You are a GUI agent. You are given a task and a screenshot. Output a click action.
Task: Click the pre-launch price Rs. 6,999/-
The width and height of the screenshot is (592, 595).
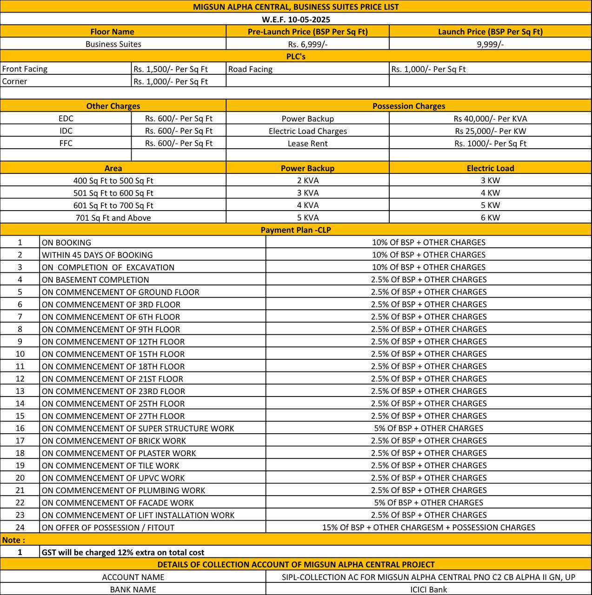point(307,44)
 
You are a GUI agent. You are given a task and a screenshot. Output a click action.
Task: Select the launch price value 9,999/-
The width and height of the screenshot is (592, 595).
point(490,44)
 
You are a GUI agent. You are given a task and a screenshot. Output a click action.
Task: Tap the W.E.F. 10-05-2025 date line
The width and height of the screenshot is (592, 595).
point(296,20)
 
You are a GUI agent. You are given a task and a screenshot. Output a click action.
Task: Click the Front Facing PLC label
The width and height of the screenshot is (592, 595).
point(25,69)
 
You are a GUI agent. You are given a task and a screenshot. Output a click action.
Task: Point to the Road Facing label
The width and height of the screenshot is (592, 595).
point(250,69)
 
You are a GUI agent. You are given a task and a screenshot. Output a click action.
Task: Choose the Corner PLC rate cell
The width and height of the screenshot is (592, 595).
point(171,81)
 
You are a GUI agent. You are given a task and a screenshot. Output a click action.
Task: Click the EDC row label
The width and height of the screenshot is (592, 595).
point(66,119)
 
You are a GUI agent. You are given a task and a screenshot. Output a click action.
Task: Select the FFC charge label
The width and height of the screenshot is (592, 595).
point(66,143)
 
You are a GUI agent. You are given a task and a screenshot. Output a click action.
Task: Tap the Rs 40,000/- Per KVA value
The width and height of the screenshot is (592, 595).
point(490,119)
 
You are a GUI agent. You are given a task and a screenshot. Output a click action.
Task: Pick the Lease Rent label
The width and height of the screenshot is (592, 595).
point(307,144)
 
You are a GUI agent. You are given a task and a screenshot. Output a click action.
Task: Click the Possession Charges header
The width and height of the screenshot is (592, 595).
point(409,106)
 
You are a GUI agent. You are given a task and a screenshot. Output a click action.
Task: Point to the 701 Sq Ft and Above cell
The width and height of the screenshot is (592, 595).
point(113,218)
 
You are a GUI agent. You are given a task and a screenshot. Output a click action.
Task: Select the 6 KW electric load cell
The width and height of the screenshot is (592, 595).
point(490,218)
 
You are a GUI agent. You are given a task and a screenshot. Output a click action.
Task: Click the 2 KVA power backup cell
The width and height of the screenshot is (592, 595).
point(307,180)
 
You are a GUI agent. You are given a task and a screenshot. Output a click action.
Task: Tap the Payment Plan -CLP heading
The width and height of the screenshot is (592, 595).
point(296,230)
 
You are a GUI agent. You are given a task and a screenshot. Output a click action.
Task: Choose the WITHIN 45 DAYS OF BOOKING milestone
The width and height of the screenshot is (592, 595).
point(97,255)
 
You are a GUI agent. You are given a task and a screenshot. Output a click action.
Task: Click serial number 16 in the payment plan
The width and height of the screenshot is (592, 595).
point(20,428)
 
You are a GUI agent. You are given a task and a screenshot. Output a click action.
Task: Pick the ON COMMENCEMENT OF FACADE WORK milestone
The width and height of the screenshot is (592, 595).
point(118,502)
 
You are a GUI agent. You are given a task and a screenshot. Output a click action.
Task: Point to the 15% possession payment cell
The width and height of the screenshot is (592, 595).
point(428,528)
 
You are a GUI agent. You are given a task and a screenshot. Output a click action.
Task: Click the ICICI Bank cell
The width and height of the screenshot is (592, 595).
point(428,589)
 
